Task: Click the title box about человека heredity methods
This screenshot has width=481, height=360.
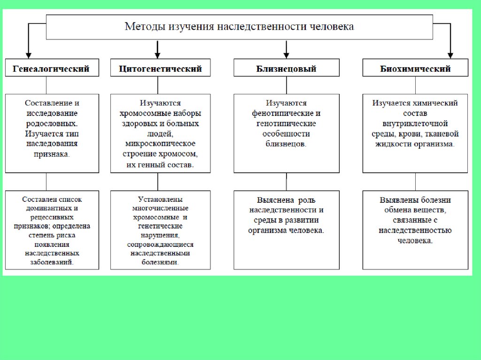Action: click(x=239, y=27)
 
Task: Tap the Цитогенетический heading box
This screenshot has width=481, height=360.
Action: click(x=161, y=69)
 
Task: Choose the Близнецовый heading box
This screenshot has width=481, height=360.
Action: click(x=286, y=69)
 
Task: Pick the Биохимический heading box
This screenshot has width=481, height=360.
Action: click(x=415, y=69)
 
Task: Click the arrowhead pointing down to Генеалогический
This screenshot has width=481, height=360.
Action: click(x=28, y=54)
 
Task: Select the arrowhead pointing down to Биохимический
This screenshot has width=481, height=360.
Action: click(x=450, y=54)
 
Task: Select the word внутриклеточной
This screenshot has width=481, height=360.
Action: click(x=415, y=123)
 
